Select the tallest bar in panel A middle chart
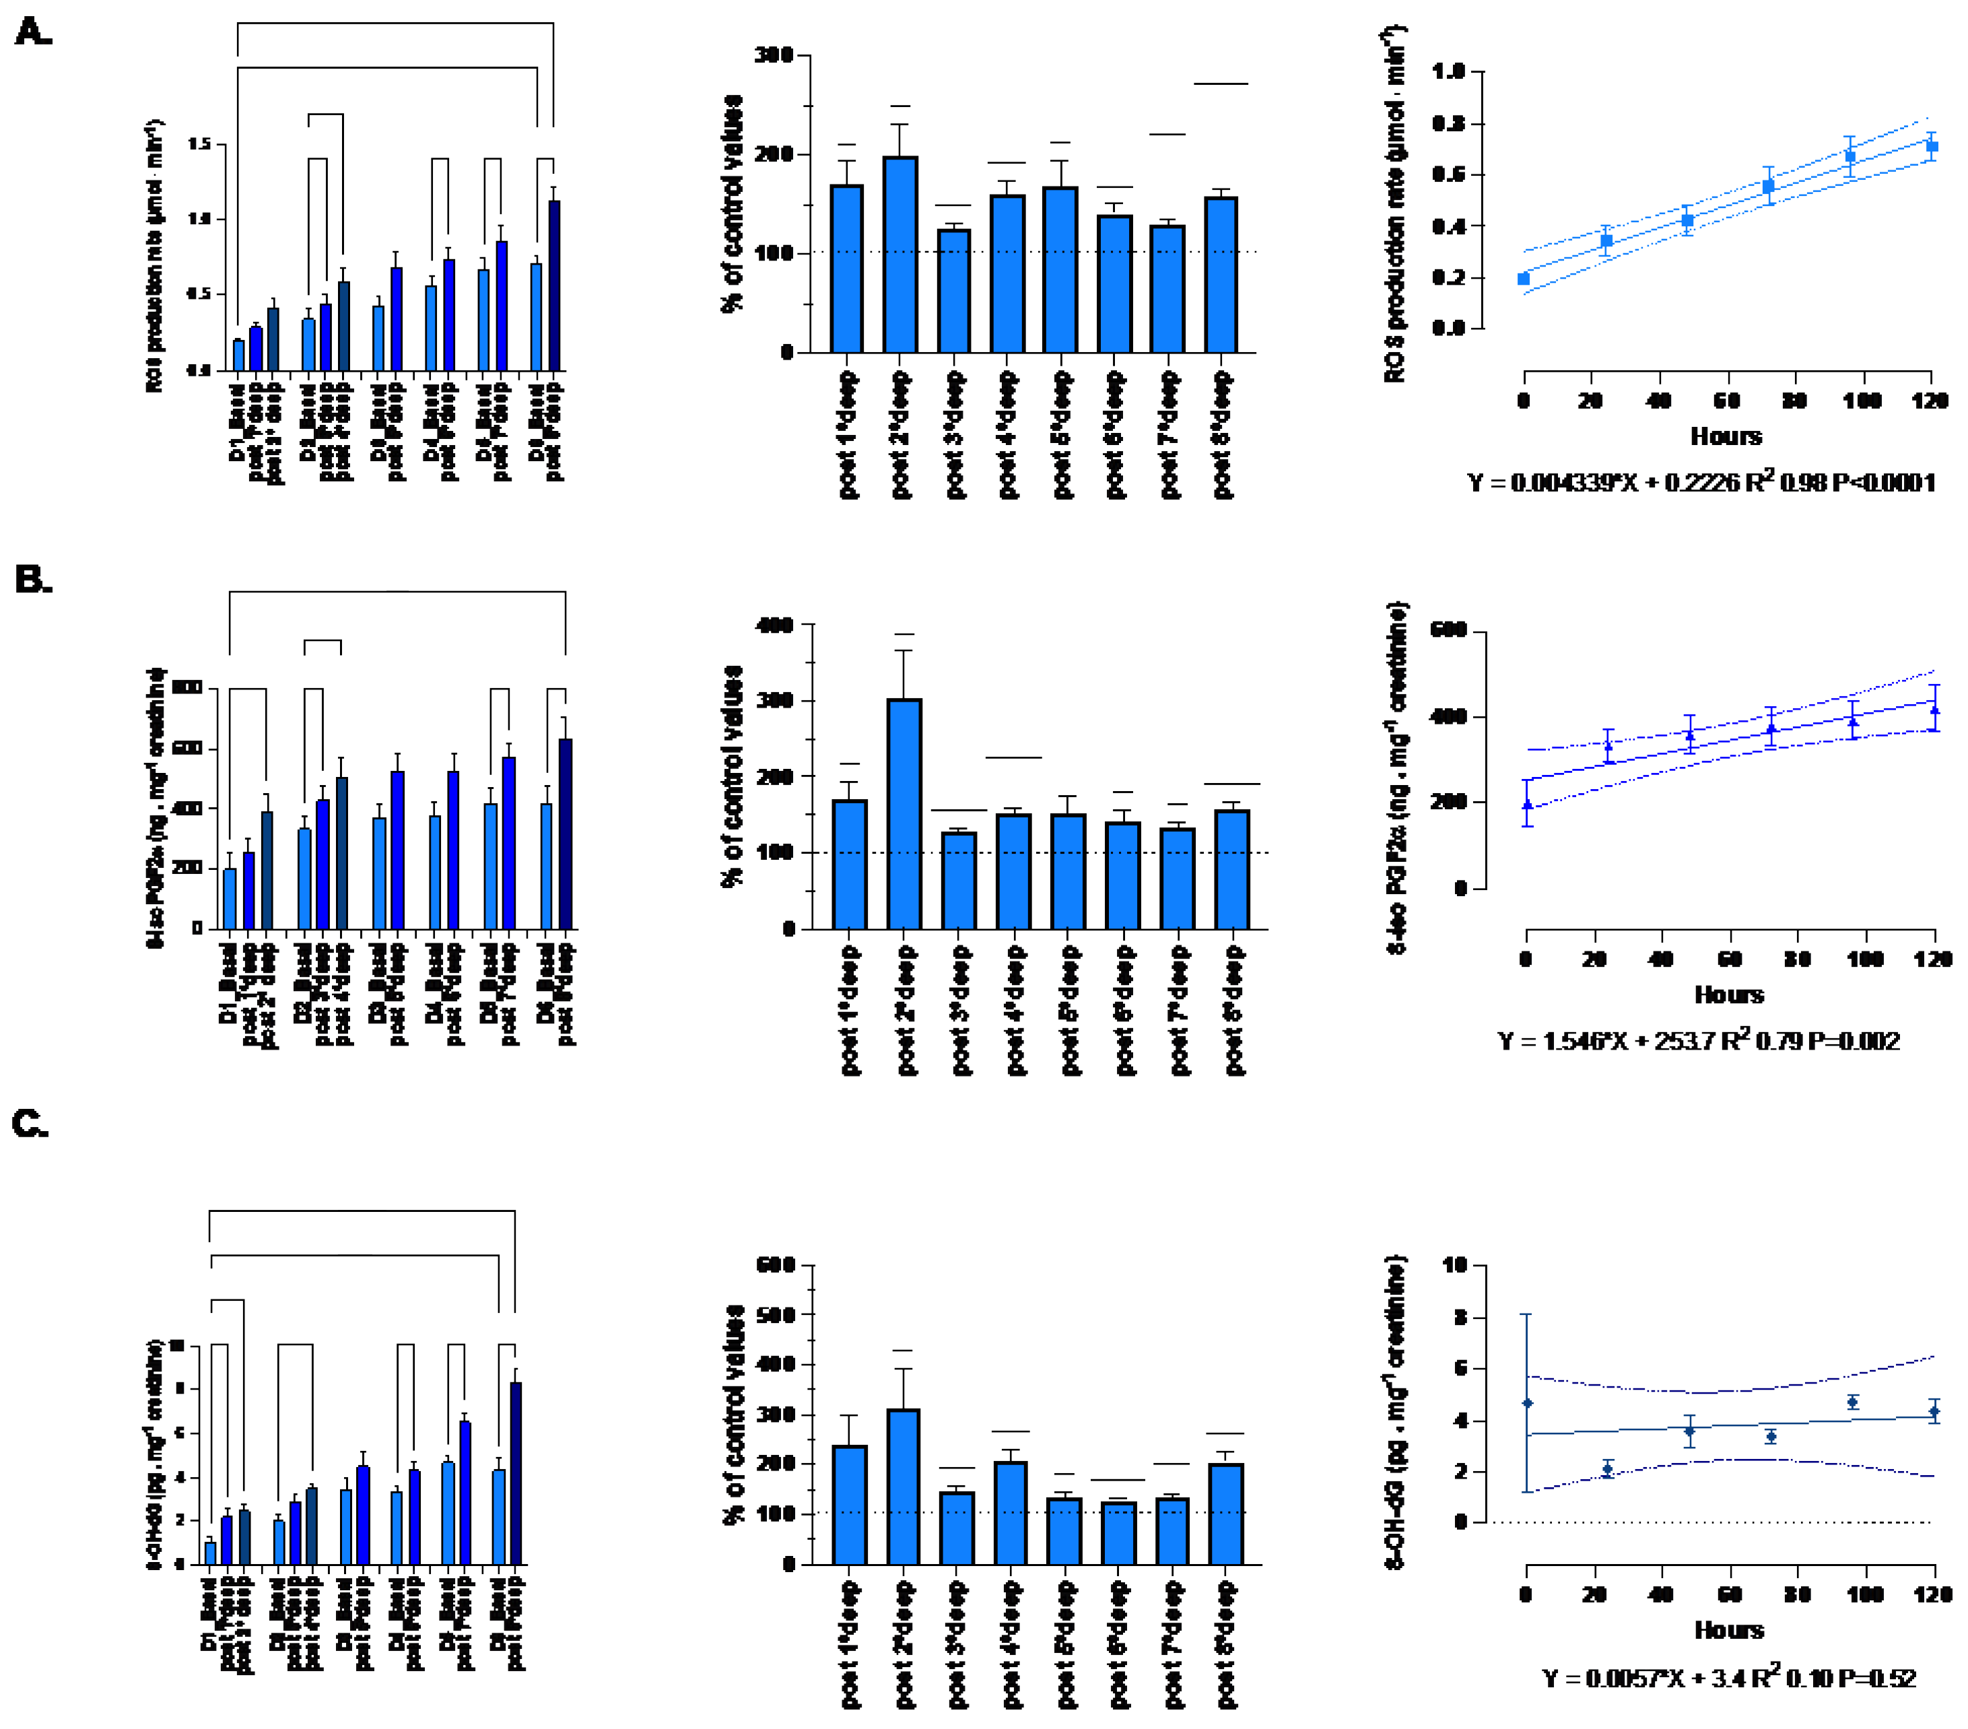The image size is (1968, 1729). tap(900, 255)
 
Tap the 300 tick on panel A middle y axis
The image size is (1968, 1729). tap(773, 56)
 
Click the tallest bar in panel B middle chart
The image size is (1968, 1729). tap(904, 813)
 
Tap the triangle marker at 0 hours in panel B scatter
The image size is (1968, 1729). tap(1527, 805)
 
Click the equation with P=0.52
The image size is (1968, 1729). tap(1728, 1678)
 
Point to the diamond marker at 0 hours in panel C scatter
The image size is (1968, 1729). tap(1527, 1402)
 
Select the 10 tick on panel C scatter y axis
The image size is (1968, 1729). tap(1453, 1265)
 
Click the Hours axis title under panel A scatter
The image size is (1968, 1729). tap(1726, 436)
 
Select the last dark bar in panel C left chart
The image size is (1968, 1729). tap(516, 1473)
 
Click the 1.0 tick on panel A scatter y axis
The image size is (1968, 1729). tap(1448, 71)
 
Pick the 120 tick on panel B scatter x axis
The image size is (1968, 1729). tap(1932, 959)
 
